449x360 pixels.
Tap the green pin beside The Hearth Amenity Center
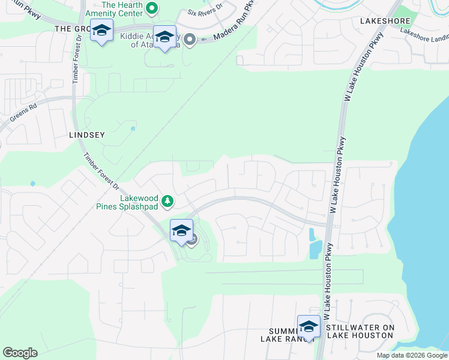(x=152, y=8)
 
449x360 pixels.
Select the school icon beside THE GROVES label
(x=102, y=31)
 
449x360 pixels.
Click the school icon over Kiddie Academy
(x=164, y=37)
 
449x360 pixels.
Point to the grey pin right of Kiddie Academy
(x=190, y=40)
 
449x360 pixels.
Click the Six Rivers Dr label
(x=205, y=11)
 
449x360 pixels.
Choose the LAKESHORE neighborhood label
(x=384, y=20)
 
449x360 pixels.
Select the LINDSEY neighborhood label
(x=86, y=135)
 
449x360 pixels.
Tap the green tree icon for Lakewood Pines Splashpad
(x=169, y=200)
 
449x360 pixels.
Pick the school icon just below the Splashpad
(x=181, y=230)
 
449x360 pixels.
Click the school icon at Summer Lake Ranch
(x=309, y=326)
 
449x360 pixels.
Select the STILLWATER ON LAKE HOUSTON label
(x=360, y=331)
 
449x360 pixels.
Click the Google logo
(x=20, y=353)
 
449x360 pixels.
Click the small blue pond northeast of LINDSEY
(x=132, y=128)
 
